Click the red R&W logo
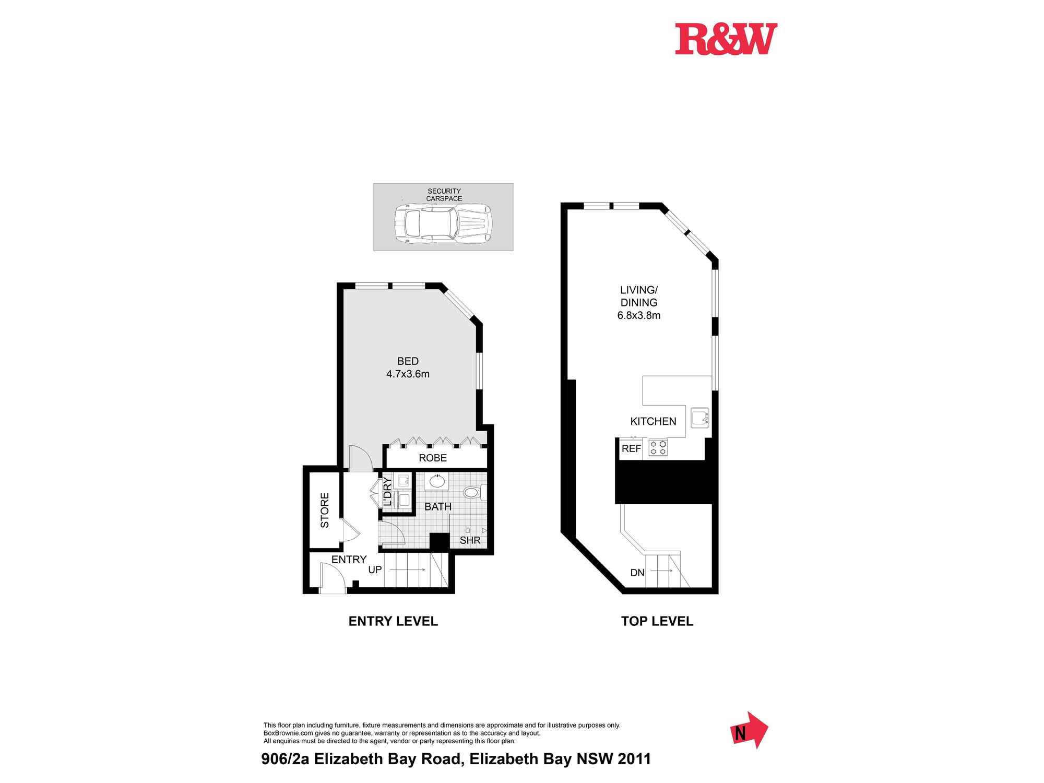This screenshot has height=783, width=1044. point(726,39)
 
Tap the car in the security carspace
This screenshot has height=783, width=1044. point(443,223)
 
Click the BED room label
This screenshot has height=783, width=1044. point(408,361)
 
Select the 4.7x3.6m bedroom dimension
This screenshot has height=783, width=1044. point(408,374)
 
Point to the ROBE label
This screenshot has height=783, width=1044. point(433,458)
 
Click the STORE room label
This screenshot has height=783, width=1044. point(325,510)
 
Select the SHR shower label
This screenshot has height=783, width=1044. point(470,541)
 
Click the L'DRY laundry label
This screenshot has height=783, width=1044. point(387,492)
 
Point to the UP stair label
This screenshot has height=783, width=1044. point(375,570)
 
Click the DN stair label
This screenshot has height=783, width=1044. point(637,573)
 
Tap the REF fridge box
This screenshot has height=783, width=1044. point(631,449)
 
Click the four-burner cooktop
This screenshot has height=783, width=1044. point(658,448)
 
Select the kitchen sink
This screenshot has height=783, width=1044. point(699,418)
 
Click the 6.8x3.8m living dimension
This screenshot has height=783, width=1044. point(639,315)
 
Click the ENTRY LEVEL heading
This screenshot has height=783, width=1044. point(393,621)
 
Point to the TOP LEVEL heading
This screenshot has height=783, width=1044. point(657,621)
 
